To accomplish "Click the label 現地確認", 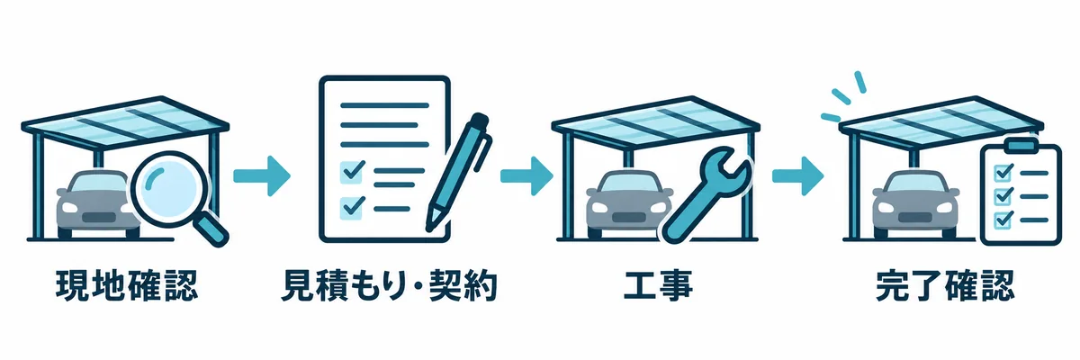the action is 127,286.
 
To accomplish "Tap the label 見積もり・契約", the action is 389,286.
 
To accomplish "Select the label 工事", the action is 658,286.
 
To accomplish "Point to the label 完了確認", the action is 946,286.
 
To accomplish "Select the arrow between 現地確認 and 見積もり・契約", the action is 262,175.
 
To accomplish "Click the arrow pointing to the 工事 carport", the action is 526,175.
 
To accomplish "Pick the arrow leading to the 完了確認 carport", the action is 798,175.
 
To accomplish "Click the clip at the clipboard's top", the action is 1021,144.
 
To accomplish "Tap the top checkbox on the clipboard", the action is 1004,172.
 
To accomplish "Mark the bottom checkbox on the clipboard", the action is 1004,220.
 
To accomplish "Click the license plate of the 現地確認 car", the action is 99,217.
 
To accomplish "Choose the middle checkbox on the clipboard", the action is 1004,196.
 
